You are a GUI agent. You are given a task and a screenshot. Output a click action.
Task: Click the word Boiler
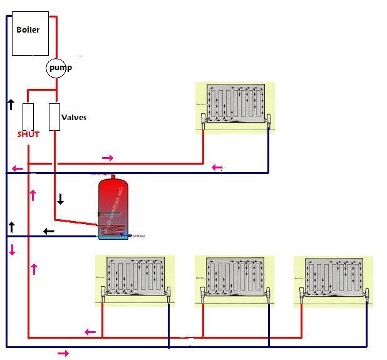click(x=28, y=29)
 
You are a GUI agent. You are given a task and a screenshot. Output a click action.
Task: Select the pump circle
click(x=56, y=68)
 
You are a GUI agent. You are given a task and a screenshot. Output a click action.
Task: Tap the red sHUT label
click(x=28, y=135)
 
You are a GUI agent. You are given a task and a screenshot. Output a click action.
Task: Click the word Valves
click(x=74, y=117)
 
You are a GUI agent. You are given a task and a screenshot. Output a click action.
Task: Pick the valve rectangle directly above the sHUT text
click(x=28, y=116)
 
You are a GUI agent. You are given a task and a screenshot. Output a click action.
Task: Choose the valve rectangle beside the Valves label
click(x=54, y=116)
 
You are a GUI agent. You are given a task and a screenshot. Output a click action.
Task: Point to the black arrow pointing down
click(x=60, y=200)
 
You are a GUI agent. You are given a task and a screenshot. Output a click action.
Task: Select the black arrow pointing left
click(x=49, y=232)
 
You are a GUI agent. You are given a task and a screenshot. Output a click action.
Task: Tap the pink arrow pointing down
click(x=12, y=250)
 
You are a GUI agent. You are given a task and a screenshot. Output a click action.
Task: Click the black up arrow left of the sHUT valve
click(x=11, y=104)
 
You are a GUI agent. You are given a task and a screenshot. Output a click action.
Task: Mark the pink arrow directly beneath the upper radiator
click(x=217, y=167)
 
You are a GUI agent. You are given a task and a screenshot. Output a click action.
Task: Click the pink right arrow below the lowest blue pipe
click(x=63, y=354)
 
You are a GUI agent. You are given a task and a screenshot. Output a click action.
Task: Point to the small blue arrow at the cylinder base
click(x=123, y=234)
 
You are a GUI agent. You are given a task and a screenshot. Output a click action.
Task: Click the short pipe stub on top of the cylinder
click(x=113, y=176)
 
